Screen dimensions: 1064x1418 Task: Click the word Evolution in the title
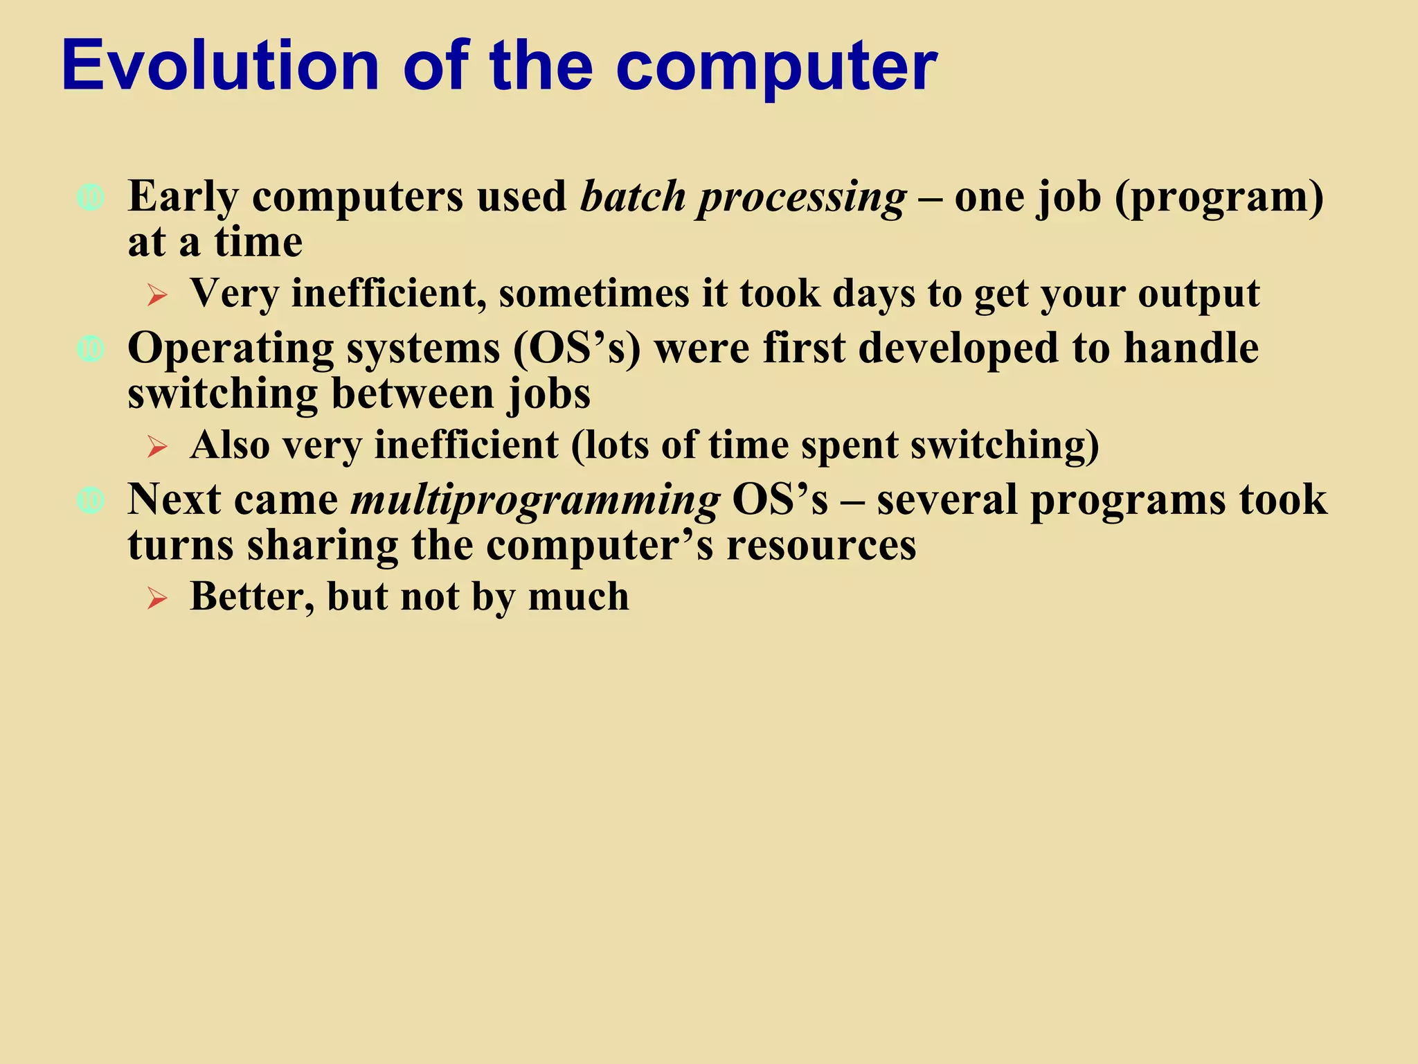click(x=220, y=65)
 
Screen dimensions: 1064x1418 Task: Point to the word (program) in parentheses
click(x=1219, y=198)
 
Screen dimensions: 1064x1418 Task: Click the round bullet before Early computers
click(x=91, y=198)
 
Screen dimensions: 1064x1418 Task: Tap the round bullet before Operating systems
click(x=91, y=349)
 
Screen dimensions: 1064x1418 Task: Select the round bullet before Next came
click(x=91, y=500)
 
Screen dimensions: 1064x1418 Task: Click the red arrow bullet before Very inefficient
click(x=157, y=296)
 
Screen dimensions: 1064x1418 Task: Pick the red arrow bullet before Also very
click(x=157, y=447)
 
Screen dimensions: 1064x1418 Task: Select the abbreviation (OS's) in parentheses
click(x=577, y=348)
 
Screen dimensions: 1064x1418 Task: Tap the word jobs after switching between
click(x=549, y=395)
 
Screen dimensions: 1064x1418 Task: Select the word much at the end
click(x=578, y=596)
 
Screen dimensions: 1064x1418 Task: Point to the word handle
click(x=1190, y=348)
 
